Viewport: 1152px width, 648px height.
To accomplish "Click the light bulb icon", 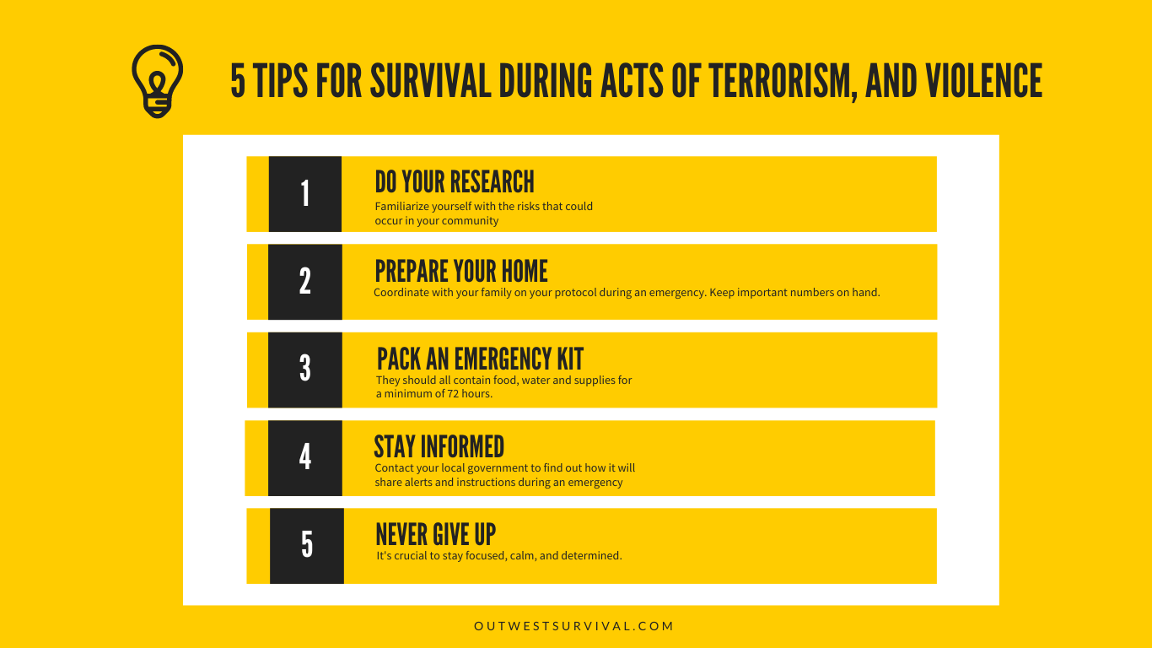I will point(157,81).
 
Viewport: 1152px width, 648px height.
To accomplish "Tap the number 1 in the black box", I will point(305,194).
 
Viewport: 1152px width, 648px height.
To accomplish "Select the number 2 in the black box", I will point(305,282).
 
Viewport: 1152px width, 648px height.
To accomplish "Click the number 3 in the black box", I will point(305,370).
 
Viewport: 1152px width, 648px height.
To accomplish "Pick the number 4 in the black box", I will point(305,457).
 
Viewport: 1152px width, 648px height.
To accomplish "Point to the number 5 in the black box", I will point(307,545).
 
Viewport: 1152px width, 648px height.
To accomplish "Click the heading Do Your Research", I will point(455,181).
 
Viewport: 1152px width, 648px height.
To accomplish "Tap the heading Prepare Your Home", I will point(461,271).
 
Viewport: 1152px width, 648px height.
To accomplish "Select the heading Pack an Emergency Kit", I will point(480,359).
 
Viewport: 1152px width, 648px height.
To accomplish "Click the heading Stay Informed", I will point(439,446).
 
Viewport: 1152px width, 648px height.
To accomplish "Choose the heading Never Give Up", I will point(435,534).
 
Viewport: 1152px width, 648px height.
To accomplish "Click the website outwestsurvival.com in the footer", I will point(574,626).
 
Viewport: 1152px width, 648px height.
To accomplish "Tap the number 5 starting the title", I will point(238,82).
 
